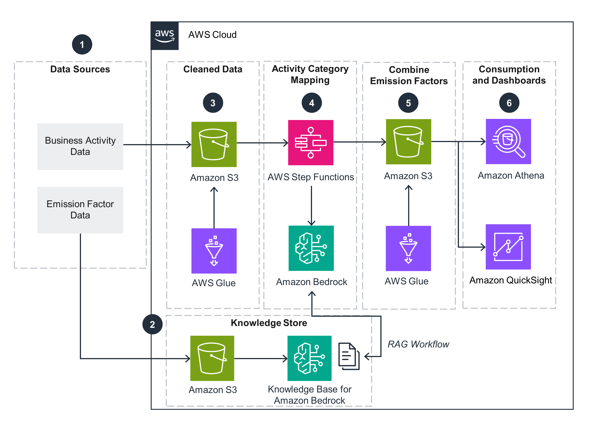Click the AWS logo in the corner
pos(164,36)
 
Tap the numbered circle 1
pos(82,45)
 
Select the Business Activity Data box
pos(80,146)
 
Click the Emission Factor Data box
pos(80,210)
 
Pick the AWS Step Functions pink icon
pos(310,143)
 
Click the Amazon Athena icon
pos(508,142)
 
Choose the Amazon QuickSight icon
pos(508,247)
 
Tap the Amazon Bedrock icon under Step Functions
pos(311,248)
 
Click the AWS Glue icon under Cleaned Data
pos(214,251)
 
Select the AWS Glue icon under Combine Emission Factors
pos(408,248)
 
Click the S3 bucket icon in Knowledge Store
pos(212,358)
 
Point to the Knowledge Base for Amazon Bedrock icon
pos(309,358)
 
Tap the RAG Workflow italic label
pos(418,344)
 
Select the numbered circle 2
pos(152,324)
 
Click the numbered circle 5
pos(408,103)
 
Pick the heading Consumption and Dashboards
pos(509,75)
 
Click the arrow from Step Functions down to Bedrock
pos(311,205)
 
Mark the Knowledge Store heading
pos(269,323)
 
